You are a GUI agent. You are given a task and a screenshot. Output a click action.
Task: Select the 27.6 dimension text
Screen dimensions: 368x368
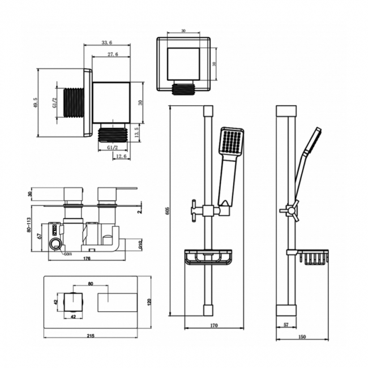coord(112,55)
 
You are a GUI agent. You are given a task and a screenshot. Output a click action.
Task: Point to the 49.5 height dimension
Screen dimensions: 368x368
coord(35,102)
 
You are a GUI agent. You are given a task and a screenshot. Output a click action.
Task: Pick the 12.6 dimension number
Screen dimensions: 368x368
coord(120,156)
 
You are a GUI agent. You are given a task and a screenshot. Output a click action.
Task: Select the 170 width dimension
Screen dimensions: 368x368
coord(213,326)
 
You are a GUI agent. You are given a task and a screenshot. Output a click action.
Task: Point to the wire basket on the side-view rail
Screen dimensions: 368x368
coord(314,258)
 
